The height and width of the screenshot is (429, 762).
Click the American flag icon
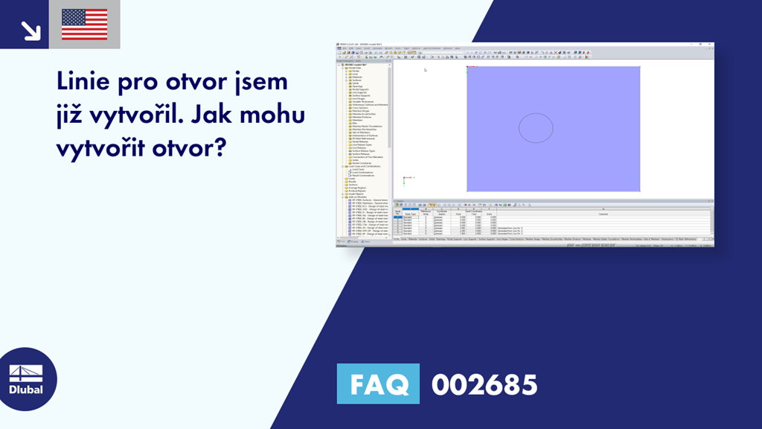(x=85, y=25)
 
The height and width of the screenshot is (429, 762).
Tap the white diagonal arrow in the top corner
(x=31, y=30)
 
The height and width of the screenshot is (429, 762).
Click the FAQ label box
(x=378, y=384)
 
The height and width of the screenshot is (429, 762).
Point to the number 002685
(x=484, y=384)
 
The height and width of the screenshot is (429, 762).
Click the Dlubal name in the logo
(x=26, y=390)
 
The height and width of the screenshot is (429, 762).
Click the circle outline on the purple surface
(x=536, y=127)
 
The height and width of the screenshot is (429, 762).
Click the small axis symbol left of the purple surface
(x=406, y=179)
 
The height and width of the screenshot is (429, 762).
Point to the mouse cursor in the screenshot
(x=425, y=70)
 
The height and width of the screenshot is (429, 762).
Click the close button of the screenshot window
(x=711, y=45)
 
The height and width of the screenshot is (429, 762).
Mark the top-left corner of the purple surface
(x=467, y=67)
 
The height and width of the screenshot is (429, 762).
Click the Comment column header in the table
(x=603, y=214)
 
